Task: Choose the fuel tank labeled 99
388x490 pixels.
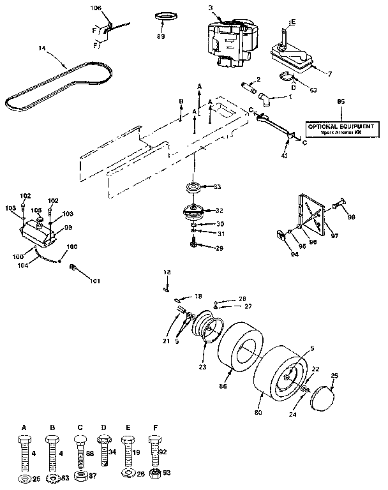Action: tap(38, 234)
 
